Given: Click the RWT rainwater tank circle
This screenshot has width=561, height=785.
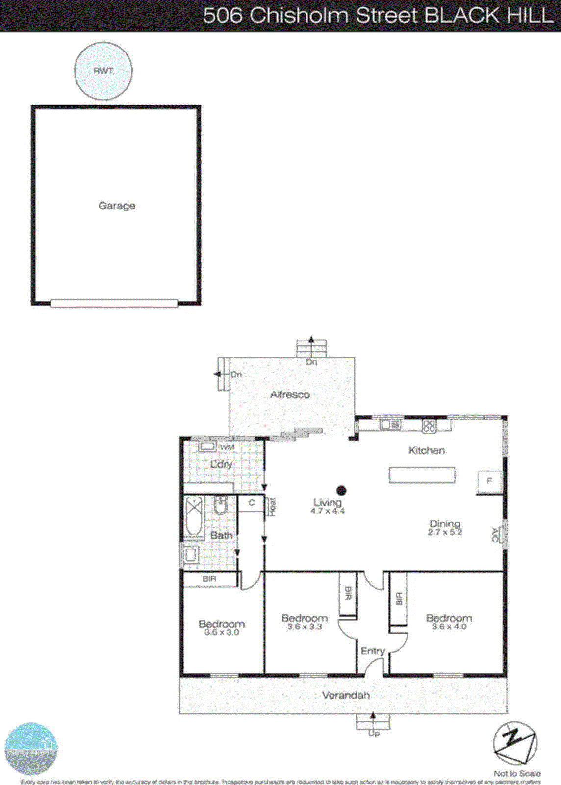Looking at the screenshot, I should [x=103, y=71].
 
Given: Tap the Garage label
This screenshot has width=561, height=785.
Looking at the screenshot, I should [x=117, y=206].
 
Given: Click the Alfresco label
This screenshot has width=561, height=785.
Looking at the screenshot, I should [x=290, y=394].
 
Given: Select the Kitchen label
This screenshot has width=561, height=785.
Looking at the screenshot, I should [x=427, y=450].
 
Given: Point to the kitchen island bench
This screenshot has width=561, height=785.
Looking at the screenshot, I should [x=422, y=475].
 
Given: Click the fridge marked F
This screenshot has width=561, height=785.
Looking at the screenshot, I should [x=489, y=481].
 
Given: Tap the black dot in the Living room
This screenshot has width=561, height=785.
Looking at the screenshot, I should [x=342, y=490].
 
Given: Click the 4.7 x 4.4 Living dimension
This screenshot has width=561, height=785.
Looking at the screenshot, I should [x=328, y=511].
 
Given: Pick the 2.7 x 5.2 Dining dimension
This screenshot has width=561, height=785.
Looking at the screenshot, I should [x=445, y=532].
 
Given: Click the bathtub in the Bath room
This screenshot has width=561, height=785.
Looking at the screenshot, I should [x=194, y=516].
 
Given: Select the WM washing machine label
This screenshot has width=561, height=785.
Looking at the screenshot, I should [x=227, y=447].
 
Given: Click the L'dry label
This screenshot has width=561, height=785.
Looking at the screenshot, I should [x=221, y=464].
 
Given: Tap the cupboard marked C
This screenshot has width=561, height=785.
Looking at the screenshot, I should [x=252, y=503].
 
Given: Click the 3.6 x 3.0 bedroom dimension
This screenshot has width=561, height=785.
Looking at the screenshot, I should [x=222, y=632].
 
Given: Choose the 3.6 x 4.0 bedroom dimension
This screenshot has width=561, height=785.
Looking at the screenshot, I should [x=449, y=627].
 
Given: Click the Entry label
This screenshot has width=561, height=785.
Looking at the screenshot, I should [x=373, y=651].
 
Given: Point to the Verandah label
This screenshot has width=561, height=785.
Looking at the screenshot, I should [x=346, y=695].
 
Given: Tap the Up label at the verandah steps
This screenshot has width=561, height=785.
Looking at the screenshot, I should [x=374, y=733].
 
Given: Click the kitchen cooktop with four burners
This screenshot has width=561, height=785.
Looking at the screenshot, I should [x=429, y=425].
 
